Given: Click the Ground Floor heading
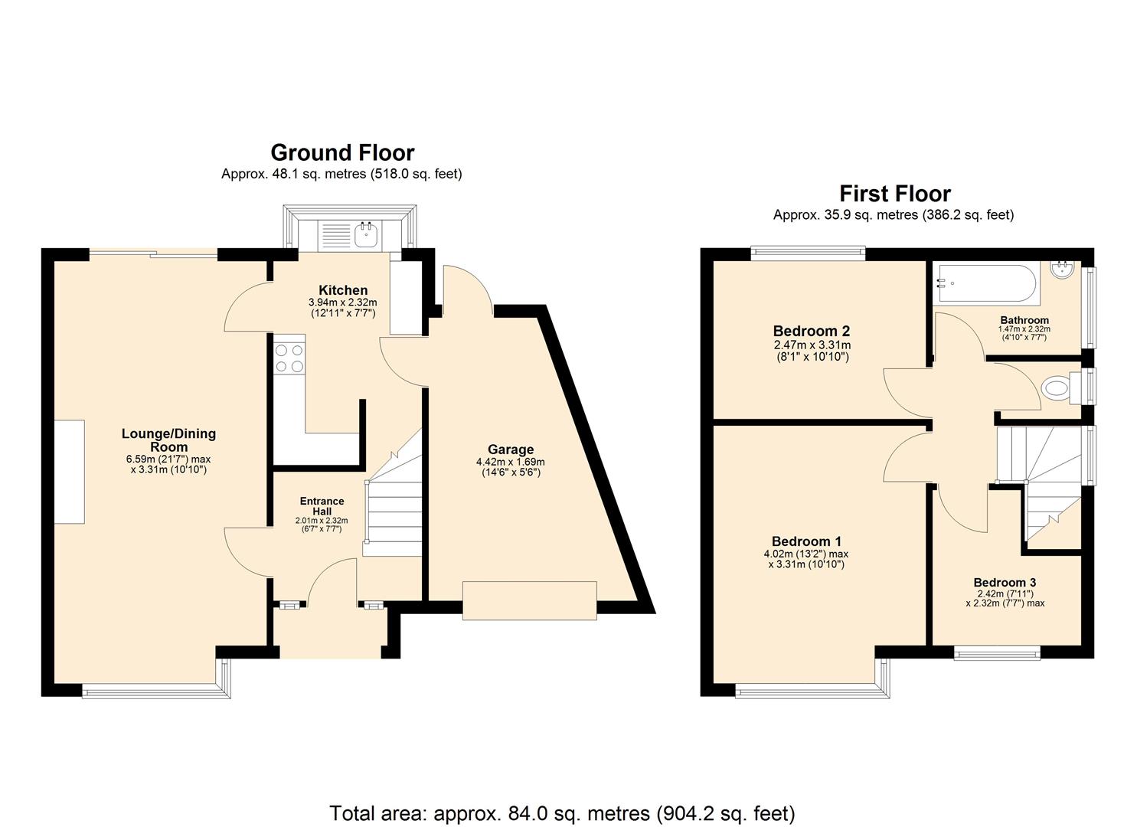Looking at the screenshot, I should click(342, 152).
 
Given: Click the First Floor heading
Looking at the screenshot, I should click(894, 193).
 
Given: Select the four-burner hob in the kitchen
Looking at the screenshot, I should click(289, 358).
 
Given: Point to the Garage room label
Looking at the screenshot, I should click(511, 449).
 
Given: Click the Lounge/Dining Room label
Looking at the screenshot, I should click(168, 440).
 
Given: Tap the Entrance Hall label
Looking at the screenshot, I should click(322, 506).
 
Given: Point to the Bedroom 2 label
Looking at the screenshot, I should click(812, 331).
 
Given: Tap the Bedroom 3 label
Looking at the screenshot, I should click(1005, 582).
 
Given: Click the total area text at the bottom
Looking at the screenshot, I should click(562, 812).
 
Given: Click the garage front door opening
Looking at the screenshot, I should click(529, 600).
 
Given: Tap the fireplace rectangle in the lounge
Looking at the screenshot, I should click(69, 472).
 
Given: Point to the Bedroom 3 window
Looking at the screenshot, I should click(997, 653).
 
